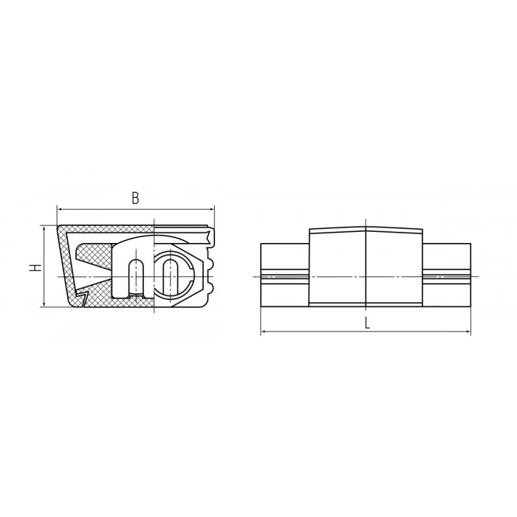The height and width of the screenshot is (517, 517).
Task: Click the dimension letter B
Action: point(135,199)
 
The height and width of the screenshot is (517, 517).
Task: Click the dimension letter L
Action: point(367,323)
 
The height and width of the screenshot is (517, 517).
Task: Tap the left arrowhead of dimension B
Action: point(60,209)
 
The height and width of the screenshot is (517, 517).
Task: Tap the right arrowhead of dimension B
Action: point(212,209)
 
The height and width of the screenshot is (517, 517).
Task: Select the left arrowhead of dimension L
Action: point(264,332)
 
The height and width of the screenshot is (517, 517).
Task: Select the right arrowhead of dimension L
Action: point(468,332)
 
